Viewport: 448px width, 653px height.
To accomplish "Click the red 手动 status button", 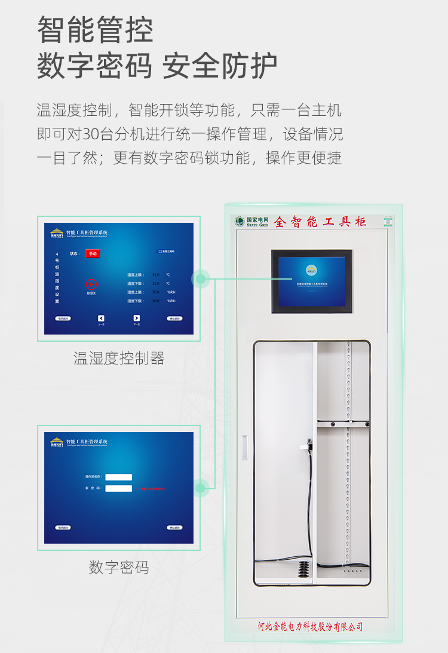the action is [92, 253].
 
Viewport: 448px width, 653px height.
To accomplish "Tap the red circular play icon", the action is [91, 285].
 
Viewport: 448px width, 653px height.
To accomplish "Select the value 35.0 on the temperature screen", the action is [155, 274].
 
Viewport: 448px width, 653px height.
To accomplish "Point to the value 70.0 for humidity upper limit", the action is [155, 292].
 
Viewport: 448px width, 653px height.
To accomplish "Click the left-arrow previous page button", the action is [101, 318].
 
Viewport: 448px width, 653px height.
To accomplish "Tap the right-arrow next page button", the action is [136, 318].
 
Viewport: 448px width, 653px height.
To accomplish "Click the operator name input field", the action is [118, 477].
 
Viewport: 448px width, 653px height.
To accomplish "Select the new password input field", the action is [118, 488].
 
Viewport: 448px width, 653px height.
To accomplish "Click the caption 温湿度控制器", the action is [119, 358].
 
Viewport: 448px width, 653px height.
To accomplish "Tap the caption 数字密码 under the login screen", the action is [119, 567].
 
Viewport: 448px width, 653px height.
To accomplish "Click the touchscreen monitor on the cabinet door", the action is [311, 281].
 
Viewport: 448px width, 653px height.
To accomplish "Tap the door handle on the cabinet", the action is [244, 447].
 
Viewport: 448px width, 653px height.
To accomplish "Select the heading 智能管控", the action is [96, 30].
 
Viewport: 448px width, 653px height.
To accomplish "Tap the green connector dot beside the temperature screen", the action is [201, 278].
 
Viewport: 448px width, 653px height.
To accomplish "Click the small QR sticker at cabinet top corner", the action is [389, 222].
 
